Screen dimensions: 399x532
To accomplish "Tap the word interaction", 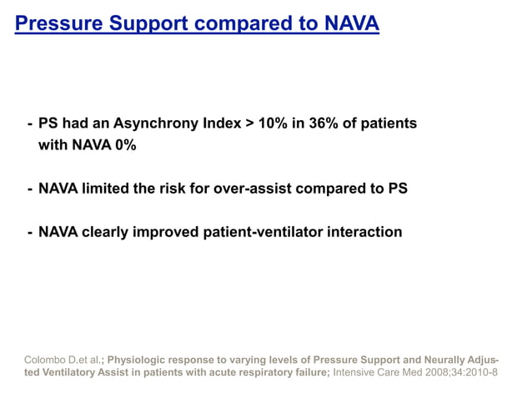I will (x=368, y=232).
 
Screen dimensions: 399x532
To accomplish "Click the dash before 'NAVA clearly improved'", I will (x=30, y=232).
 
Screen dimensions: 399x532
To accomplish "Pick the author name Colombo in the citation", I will (x=45, y=360).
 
